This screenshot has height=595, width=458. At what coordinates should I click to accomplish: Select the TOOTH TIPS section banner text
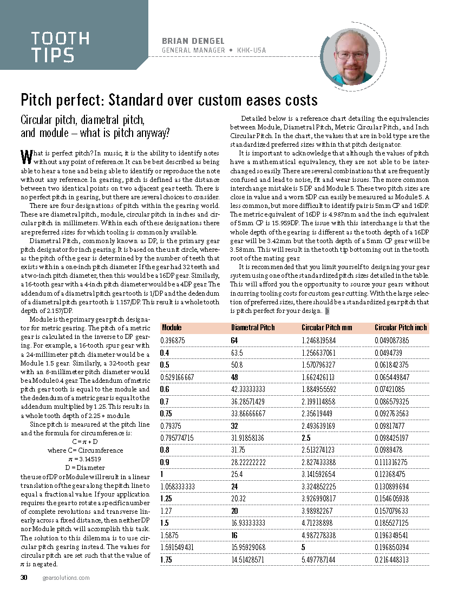coord(60,47)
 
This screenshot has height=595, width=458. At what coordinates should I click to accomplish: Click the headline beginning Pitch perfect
coord(169,100)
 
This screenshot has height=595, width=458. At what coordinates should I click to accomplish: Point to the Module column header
coord(172,328)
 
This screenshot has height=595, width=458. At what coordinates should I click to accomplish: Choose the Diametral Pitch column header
coord(253,328)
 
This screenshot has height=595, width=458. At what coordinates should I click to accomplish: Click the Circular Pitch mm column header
coord(326,328)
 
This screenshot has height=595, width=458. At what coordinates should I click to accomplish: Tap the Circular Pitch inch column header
coord(401,328)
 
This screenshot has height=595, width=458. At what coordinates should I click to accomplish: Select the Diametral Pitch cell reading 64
coord(235,341)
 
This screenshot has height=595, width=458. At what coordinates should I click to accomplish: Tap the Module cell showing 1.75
coord(166,560)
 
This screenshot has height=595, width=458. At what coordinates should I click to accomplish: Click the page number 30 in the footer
coord(24,578)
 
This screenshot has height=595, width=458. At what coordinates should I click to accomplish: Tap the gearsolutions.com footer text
coord(66,578)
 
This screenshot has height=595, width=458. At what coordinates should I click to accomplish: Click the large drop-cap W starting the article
coord(25,157)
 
